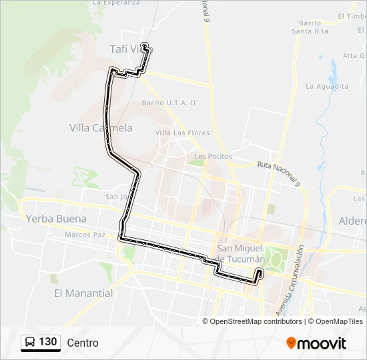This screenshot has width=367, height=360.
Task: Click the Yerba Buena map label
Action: click(x=56, y=219)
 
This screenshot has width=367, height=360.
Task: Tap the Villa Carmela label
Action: click(x=101, y=128)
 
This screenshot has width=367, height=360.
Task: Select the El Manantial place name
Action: click(x=83, y=293)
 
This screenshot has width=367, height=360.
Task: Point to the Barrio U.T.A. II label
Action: click(x=169, y=103)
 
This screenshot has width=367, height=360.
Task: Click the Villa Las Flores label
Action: click(x=182, y=133)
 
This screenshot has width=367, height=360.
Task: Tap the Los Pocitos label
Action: click(x=213, y=157)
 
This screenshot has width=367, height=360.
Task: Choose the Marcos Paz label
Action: click(x=85, y=235)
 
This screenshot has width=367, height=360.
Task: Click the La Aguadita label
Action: click(x=327, y=86)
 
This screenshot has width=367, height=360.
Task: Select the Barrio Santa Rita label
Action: click(x=310, y=27)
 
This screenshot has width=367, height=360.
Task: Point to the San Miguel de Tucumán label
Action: click(x=241, y=253)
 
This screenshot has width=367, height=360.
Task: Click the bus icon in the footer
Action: click(x=30, y=342)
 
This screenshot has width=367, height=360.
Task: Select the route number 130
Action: click(x=48, y=342)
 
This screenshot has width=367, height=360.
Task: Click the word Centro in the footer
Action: click(x=83, y=343)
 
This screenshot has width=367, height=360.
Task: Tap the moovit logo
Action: click(x=316, y=343)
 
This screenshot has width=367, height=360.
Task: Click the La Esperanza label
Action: click(x=117, y=3)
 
